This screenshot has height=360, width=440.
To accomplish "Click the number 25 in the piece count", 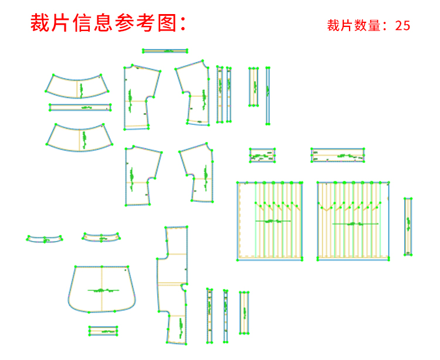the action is click(402, 25).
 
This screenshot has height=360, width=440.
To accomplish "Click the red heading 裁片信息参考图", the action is click(109, 23).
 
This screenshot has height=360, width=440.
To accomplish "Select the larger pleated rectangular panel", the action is click(353, 220).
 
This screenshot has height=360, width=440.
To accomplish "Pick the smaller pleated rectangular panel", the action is click(270, 220).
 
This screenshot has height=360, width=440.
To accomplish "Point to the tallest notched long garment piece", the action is click(173, 284).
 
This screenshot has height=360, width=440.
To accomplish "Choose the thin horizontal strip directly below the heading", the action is click(165, 52).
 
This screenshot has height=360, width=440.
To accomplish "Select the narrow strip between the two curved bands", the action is click(80, 107).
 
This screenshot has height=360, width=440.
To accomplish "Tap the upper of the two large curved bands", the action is click(77, 86).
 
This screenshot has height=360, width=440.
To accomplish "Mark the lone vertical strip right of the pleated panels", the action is click(408, 226).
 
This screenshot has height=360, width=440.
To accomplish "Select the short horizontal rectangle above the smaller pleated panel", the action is click(262, 155).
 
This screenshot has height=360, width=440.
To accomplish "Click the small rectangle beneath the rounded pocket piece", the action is click(103, 331).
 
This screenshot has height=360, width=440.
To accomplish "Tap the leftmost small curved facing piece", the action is click(45, 239).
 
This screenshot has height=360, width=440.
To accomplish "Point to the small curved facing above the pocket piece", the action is click(101, 238).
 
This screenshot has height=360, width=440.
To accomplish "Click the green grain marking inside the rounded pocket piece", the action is click(103, 290).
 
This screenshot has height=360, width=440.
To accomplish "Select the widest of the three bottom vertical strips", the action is click(244, 313).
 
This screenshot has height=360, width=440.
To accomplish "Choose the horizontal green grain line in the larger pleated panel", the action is click(355, 224).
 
